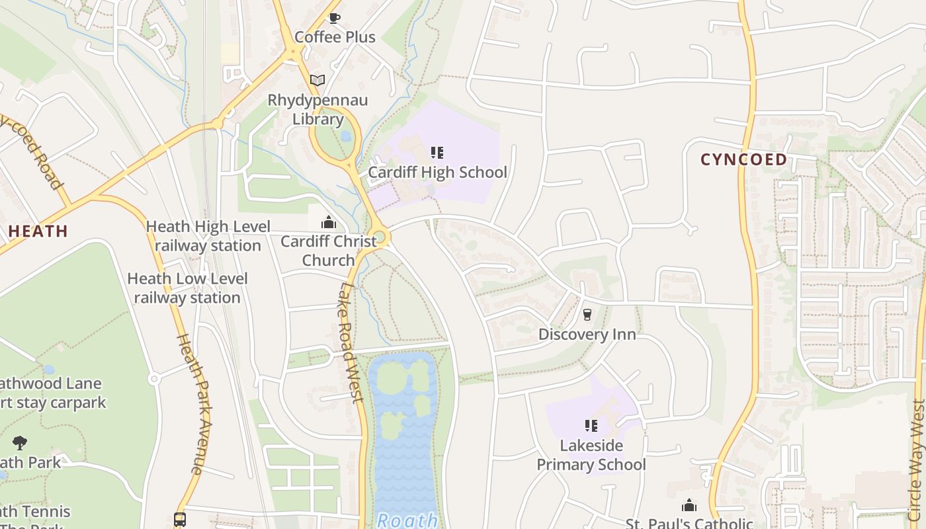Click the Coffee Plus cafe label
pyautogui.click(x=335, y=37)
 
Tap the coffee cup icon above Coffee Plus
pyautogui.click(x=335, y=18)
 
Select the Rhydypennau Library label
pyautogui.click(x=317, y=110)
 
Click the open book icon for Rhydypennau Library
pyautogui.click(x=317, y=80)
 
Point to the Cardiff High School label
pyautogui.click(x=437, y=173)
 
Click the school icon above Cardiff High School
pyautogui.click(x=437, y=153)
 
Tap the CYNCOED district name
pyautogui.click(x=743, y=159)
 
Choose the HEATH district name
pyautogui.click(x=38, y=231)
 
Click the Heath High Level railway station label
pyautogui.click(x=208, y=236)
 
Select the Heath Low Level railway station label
pyautogui.click(x=187, y=288)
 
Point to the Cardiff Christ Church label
pyautogui.click(x=329, y=251)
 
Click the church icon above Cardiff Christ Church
pyautogui.click(x=329, y=222)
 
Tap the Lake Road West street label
pyautogui.click(x=351, y=342)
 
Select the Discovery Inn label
pyautogui.click(x=587, y=335)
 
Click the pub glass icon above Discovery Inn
pyautogui.click(x=587, y=315)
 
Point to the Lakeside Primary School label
pyautogui.click(x=591, y=455)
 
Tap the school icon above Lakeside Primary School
pyautogui.click(x=591, y=426)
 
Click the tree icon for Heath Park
pyautogui.click(x=20, y=442)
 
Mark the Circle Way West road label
pyautogui.click(x=917, y=456)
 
